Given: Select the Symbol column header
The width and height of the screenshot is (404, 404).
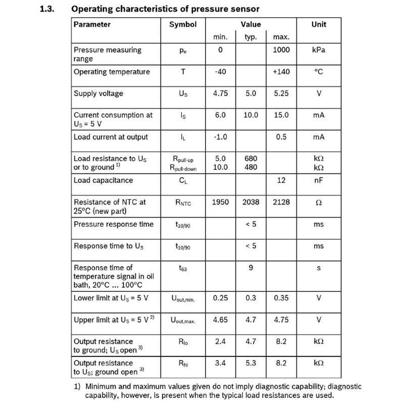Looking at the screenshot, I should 183,24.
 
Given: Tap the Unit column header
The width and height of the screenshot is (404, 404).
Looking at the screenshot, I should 319,24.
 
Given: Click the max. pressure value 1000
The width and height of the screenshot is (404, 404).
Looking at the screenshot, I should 281,50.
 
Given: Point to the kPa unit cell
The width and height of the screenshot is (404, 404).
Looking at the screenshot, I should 319,50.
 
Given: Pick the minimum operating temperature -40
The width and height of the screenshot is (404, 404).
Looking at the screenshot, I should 220,72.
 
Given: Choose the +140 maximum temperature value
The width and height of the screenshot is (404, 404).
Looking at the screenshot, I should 281,72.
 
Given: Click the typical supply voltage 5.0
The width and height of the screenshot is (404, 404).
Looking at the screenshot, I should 251,93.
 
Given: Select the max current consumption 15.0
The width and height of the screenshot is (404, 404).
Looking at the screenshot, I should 281,115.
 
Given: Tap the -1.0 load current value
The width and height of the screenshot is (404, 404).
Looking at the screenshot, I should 220,137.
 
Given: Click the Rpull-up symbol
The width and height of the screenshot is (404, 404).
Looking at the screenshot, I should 183,159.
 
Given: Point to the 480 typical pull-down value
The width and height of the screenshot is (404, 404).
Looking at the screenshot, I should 251,167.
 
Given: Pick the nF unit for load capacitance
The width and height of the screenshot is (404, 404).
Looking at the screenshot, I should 319,180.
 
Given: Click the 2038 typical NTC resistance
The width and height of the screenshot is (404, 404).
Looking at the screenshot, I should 251,202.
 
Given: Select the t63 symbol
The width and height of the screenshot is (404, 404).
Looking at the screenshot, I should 183,269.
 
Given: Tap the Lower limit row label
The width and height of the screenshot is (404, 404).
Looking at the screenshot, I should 111,297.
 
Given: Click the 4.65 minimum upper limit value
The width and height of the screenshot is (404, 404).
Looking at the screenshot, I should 220,320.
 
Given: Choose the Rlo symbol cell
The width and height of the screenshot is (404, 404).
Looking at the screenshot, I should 183,342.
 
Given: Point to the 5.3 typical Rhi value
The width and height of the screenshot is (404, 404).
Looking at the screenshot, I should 251,363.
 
